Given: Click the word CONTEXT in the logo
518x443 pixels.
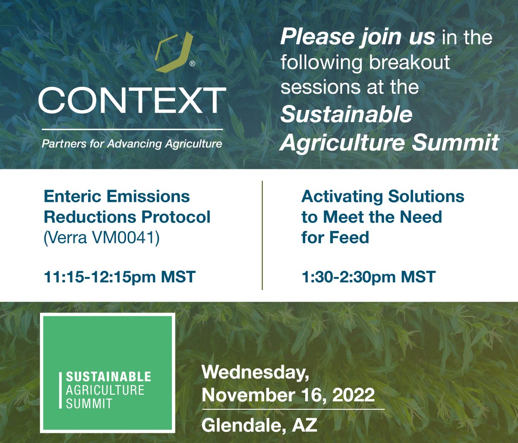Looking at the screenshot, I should pyautogui.click(x=132, y=101).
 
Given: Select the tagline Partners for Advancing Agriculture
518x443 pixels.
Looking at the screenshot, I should pyautogui.click(x=132, y=144).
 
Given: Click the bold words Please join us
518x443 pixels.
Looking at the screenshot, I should pyautogui.click(x=357, y=38).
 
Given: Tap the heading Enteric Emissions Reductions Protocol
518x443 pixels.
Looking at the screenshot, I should pyautogui.click(x=127, y=206).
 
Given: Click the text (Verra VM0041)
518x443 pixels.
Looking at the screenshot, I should pyautogui.click(x=101, y=237).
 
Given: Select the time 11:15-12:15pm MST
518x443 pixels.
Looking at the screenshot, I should pyautogui.click(x=120, y=277).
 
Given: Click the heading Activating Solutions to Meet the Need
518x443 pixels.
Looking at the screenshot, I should pyautogui.click(x=382, y=206).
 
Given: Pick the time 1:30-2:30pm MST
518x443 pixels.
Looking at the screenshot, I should pyautogui.click(x=368, y=277).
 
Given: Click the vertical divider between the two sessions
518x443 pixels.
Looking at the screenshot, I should pyautogui.click(x=262, y=235).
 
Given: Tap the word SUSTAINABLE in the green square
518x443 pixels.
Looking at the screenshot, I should pyautogui.click(x=108, y=377).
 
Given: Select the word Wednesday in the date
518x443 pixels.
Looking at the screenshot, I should pyautogui.click(x=255, y=373).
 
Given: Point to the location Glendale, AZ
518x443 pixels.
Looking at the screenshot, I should pyautogui.click(x=259, y=426).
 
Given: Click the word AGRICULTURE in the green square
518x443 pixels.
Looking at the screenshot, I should pyautogui.click(x=105, y=391).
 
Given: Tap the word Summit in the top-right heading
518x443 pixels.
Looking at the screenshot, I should pyautogui.click(x=455, y=142).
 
